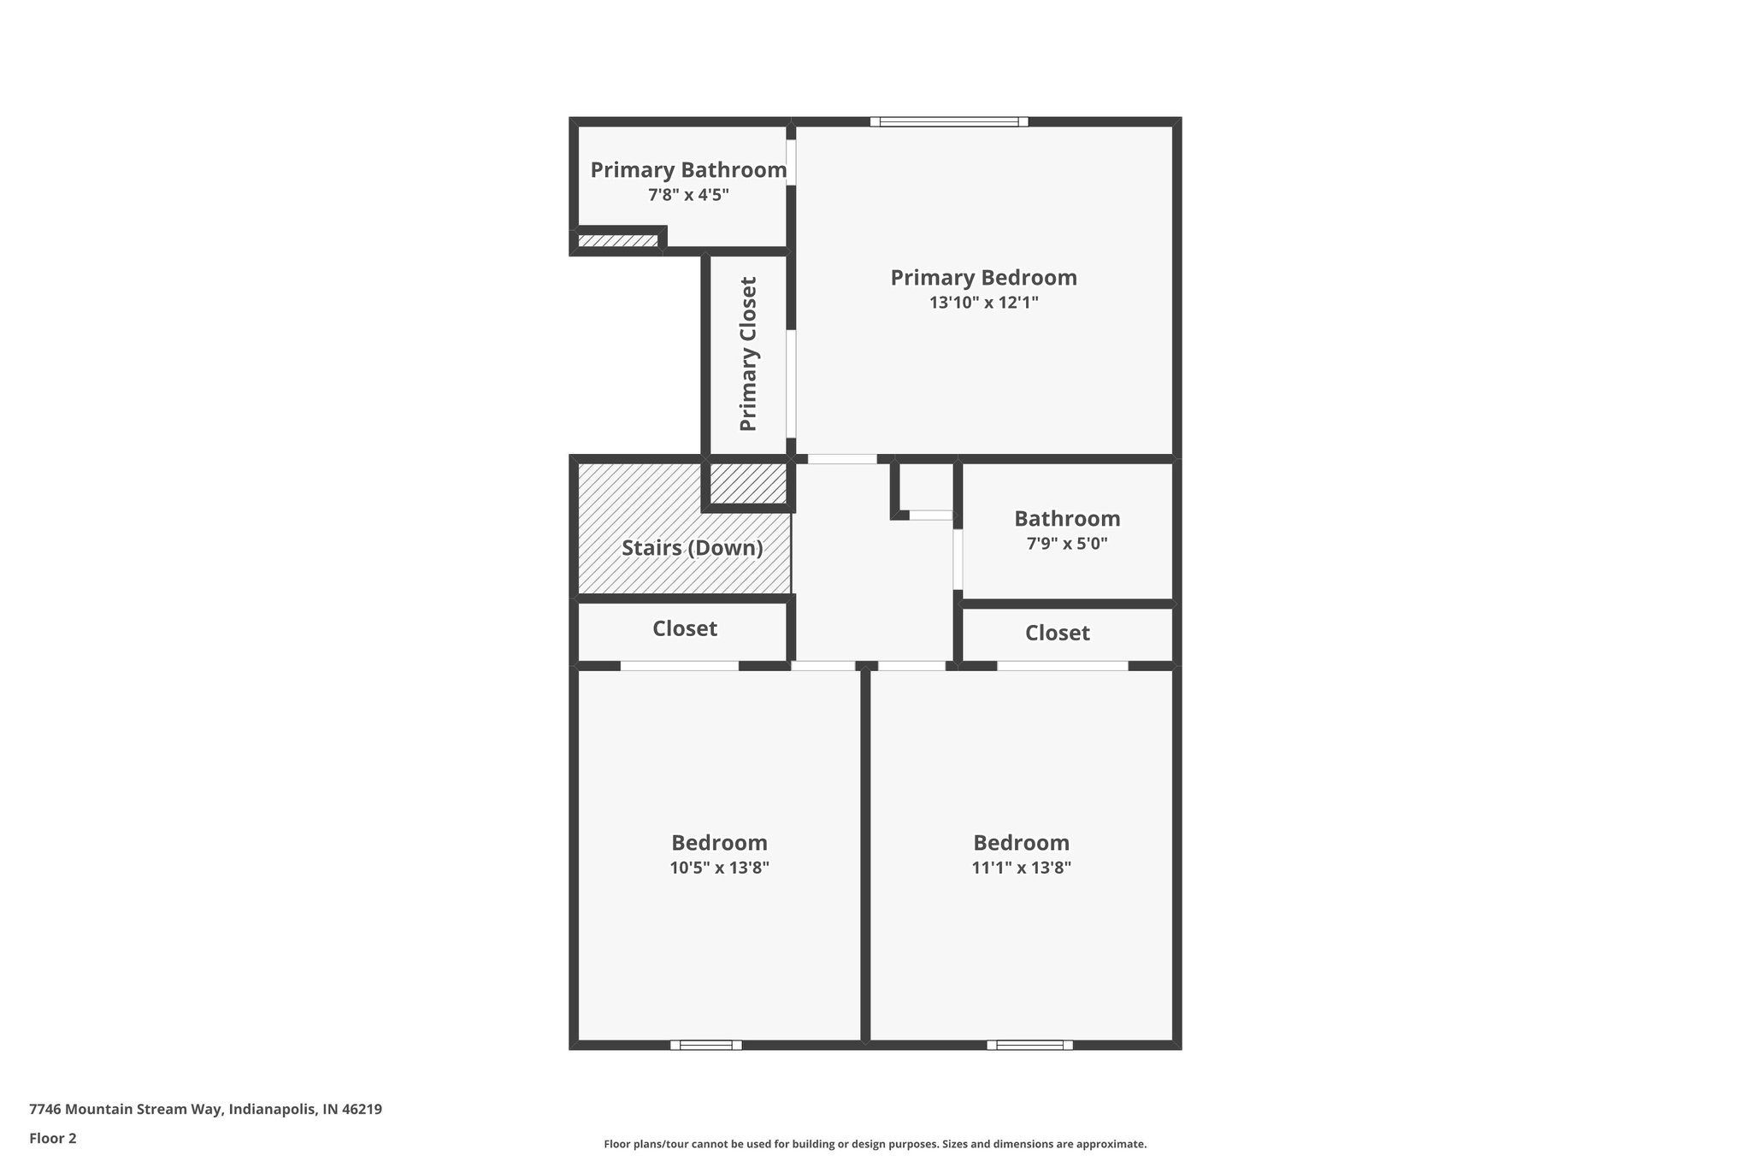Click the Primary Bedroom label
[983, 278]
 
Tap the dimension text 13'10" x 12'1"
[983, 302]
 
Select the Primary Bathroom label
[688, 170]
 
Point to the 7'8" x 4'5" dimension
[688, 195]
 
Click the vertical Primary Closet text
[748, 354]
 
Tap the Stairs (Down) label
[692, 548]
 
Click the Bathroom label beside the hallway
[1067, 519]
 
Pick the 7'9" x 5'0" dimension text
[1067, 544]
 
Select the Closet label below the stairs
[685, 629]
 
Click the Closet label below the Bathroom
[1058, 634]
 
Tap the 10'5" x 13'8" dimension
[719, 868]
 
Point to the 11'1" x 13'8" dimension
[1021, 868]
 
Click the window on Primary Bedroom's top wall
[949, 122]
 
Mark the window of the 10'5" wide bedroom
[706, 1045]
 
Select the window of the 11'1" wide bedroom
[1029, 1045]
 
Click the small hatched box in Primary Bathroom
[618, 241]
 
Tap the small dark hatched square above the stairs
[748, 484]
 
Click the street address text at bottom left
[205, 1110]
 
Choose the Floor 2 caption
[53, 1138]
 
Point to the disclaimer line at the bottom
[875, 1144]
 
